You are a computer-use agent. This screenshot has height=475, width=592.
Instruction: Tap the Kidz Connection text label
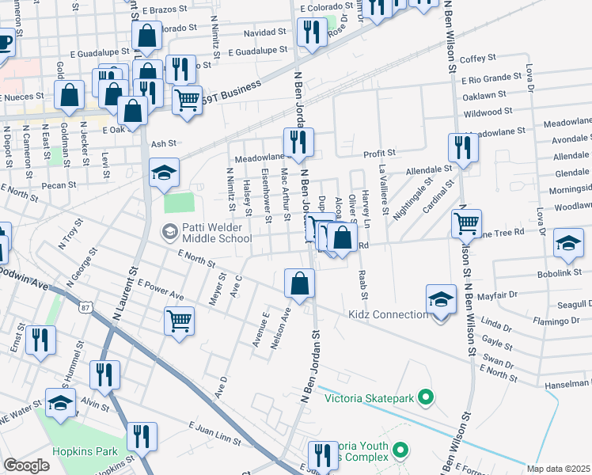[x=388, y=315]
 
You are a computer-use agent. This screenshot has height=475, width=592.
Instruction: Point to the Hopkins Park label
[x=85, y=452]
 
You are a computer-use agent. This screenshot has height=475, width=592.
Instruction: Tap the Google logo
[x=26, y=465]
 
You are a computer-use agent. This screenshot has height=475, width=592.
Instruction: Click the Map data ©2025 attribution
[x=559, y=469]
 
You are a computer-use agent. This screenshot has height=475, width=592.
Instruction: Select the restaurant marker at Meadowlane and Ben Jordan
[x=299, y=143]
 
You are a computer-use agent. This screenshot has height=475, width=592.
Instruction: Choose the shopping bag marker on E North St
[x=300, y=283]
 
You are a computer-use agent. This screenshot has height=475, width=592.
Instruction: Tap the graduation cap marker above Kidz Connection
[x=442, y=299]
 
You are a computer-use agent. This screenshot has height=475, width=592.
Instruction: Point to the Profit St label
[x=379, y=152]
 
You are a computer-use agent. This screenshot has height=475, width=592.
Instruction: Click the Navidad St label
[x=264, y=32]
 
